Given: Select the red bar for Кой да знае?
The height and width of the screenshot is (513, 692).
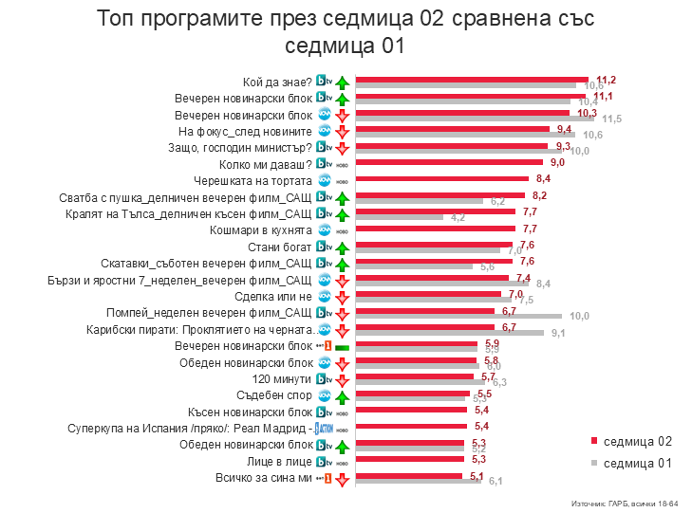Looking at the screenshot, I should (471, 80).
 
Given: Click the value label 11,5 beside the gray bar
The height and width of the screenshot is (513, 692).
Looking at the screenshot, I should (611, 119).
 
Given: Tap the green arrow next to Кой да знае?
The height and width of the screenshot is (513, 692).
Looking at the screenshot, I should (343, 81).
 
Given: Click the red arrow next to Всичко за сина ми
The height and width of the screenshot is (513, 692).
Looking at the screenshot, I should (343, 479).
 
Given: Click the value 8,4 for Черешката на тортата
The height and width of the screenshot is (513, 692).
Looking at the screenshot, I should (543, 178).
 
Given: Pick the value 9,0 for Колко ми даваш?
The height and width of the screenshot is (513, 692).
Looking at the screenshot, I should (557, 162).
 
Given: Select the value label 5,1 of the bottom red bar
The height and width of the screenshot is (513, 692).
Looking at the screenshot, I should (477, 476).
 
